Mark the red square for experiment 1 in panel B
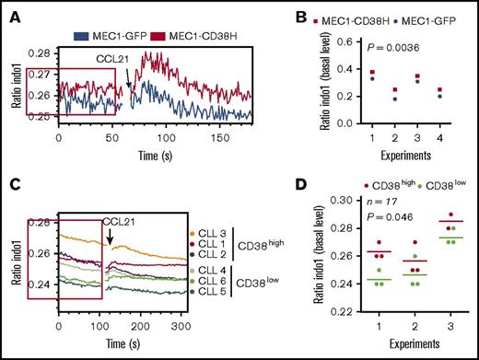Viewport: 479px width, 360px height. [346, 72]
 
